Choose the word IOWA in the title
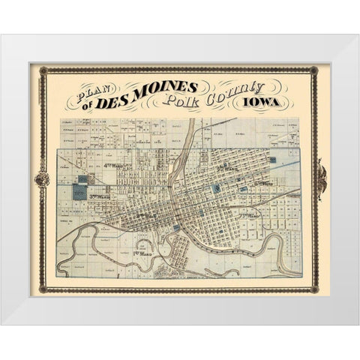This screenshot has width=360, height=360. (278, 106)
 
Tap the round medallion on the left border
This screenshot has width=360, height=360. (43, 178)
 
